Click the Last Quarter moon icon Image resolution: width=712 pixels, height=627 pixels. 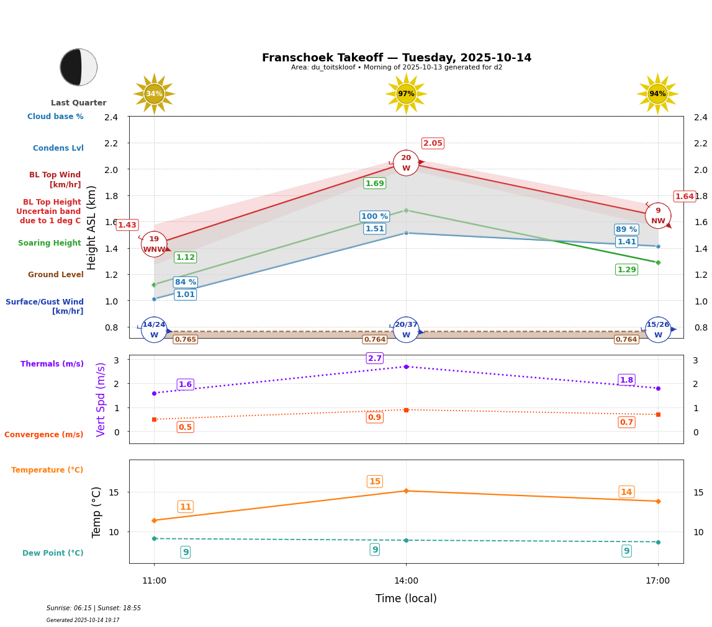79,67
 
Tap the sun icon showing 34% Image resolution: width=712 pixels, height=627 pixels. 154,94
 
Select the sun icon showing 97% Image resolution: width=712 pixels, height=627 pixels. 406,94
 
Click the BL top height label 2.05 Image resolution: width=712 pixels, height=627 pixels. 433,143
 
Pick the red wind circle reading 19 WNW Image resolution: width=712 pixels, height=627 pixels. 154,244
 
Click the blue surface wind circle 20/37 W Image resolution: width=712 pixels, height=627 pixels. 406,330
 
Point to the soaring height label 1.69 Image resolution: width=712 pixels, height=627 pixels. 375,184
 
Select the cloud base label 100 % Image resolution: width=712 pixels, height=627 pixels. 374,216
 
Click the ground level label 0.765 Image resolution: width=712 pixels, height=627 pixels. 185,339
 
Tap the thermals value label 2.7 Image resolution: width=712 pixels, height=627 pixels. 375,358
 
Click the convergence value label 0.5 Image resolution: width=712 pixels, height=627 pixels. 185,427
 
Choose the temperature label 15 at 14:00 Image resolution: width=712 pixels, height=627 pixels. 375,482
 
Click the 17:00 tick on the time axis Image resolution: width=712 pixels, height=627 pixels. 657,581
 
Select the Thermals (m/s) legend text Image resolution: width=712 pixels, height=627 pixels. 52,364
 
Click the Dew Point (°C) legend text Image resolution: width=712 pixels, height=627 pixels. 53,553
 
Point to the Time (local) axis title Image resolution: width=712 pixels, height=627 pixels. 406,598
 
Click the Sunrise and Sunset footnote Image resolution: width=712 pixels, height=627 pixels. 94,608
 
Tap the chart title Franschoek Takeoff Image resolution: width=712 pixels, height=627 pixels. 397,58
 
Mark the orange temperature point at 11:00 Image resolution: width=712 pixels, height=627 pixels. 154,520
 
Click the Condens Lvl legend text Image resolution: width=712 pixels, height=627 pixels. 58,148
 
